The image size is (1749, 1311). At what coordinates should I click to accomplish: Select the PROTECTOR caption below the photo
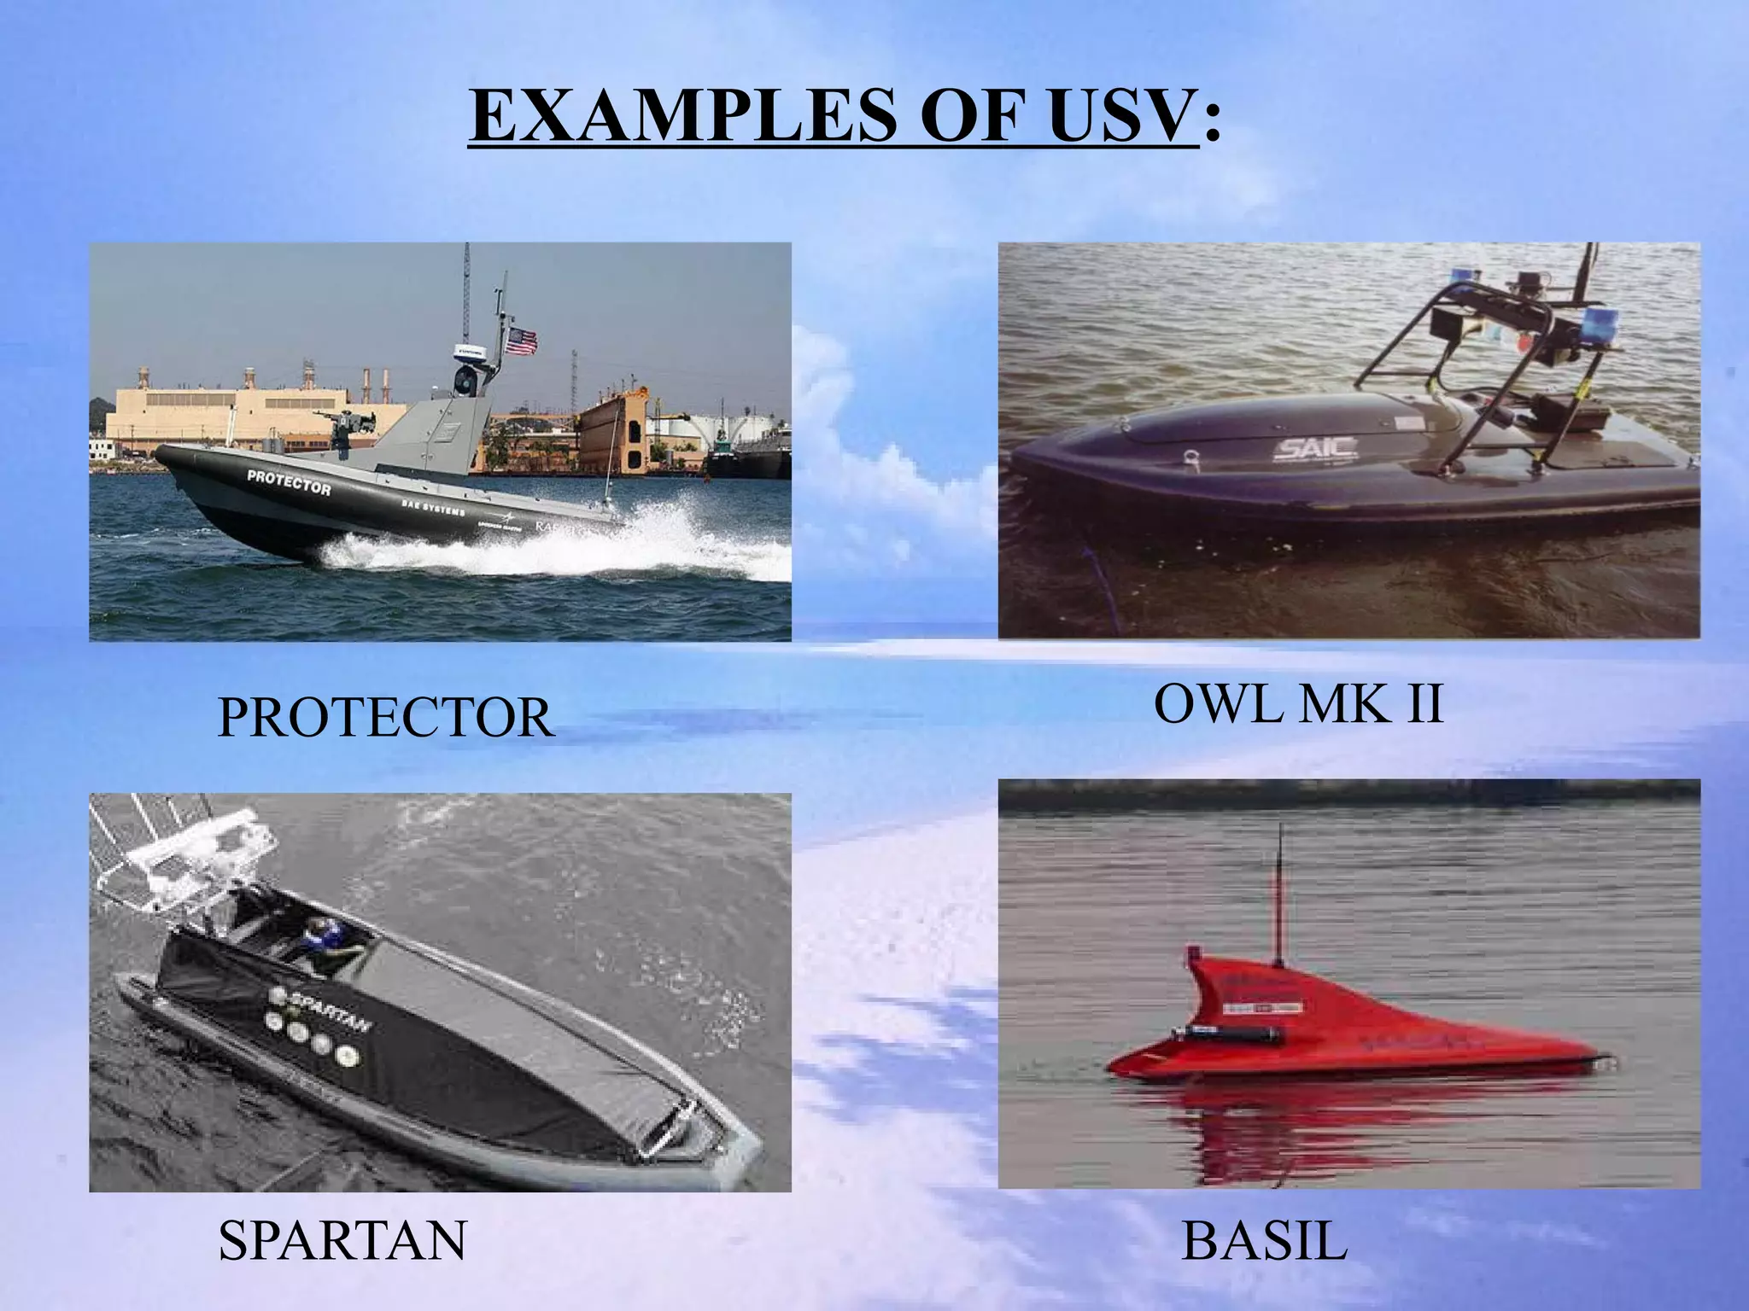386,718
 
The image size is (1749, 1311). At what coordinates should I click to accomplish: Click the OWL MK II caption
1298,705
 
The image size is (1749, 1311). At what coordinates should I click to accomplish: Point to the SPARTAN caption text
342,1240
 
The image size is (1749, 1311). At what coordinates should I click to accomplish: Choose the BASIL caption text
1264,1241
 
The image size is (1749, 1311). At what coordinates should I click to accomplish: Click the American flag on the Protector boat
521,342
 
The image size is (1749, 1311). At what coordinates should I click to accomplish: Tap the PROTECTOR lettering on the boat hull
288,482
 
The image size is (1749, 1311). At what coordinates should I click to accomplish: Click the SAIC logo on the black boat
1303,447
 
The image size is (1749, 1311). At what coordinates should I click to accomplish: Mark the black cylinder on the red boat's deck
1230,1034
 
